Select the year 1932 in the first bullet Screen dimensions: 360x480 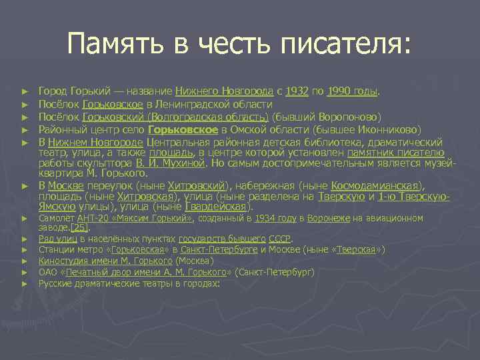tap(296, 90)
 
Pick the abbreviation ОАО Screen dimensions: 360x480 tap(49, 272)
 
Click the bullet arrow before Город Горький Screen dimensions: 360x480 tap(25, 91)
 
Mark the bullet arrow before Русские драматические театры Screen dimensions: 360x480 tap(25, 284)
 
